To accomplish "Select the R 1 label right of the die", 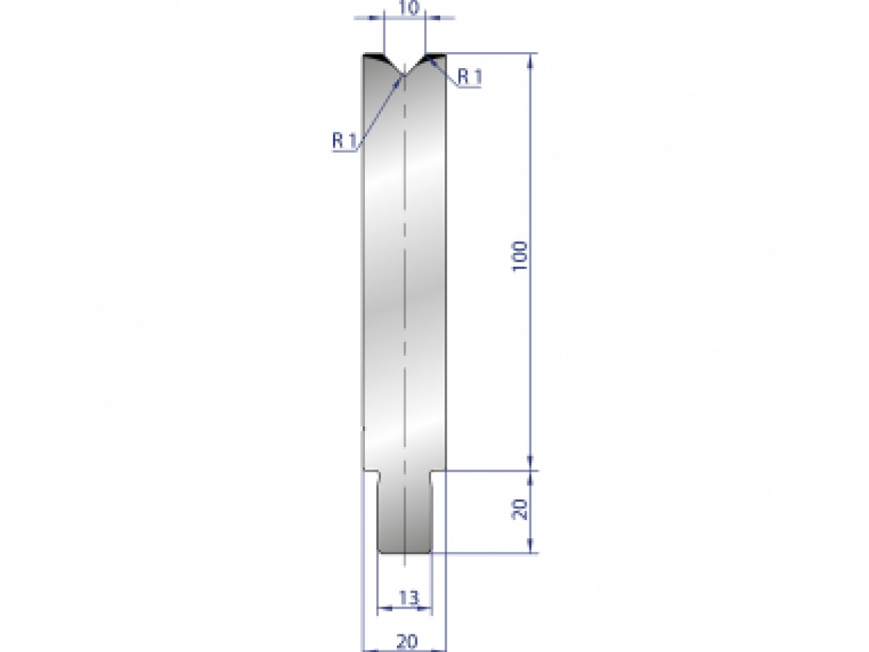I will click(x=469, y=76).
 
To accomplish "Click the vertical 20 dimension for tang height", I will click(x=520, y=511).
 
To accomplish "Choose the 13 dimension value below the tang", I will click(x=408, y=598).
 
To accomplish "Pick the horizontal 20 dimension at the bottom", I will click(x=407, y=640).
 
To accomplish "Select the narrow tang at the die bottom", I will click(x=405, y=514).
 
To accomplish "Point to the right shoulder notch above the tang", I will click(x=438, y=474).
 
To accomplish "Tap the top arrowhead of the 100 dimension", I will click(x=532, y=60).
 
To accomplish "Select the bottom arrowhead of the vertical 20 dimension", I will click(x=532, y=548).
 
